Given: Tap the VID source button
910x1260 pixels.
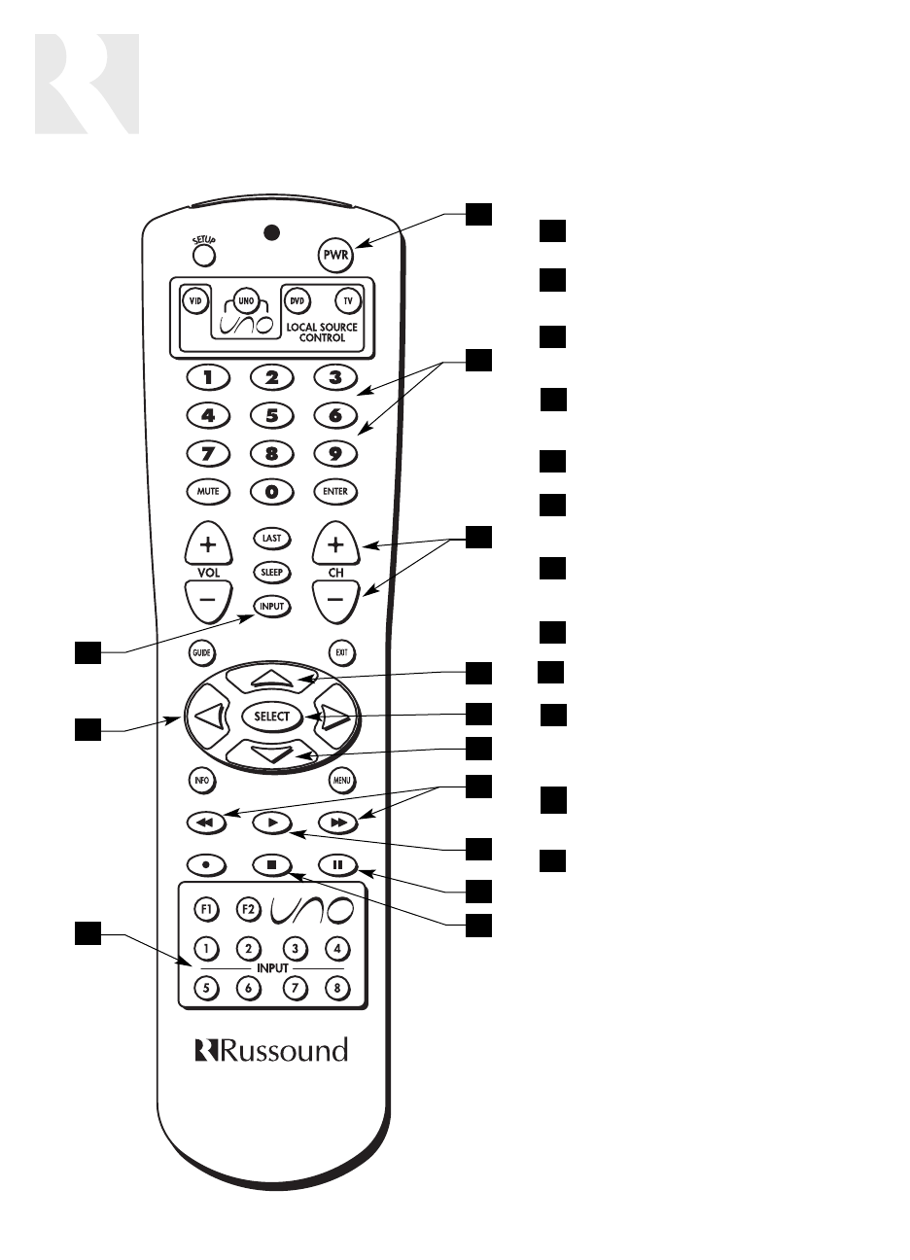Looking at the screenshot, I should (x=194, y=301).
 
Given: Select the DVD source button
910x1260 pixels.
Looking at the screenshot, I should (x=297, y=301).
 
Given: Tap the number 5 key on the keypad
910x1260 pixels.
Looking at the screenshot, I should (x=272, y=415).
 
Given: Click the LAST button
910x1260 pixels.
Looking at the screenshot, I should (x=270, y=537).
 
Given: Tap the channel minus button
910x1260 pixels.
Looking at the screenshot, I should (x=335, y=600).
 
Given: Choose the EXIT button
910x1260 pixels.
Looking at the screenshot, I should (x=340, y=652).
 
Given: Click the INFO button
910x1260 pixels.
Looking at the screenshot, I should (x=201, y=779).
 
